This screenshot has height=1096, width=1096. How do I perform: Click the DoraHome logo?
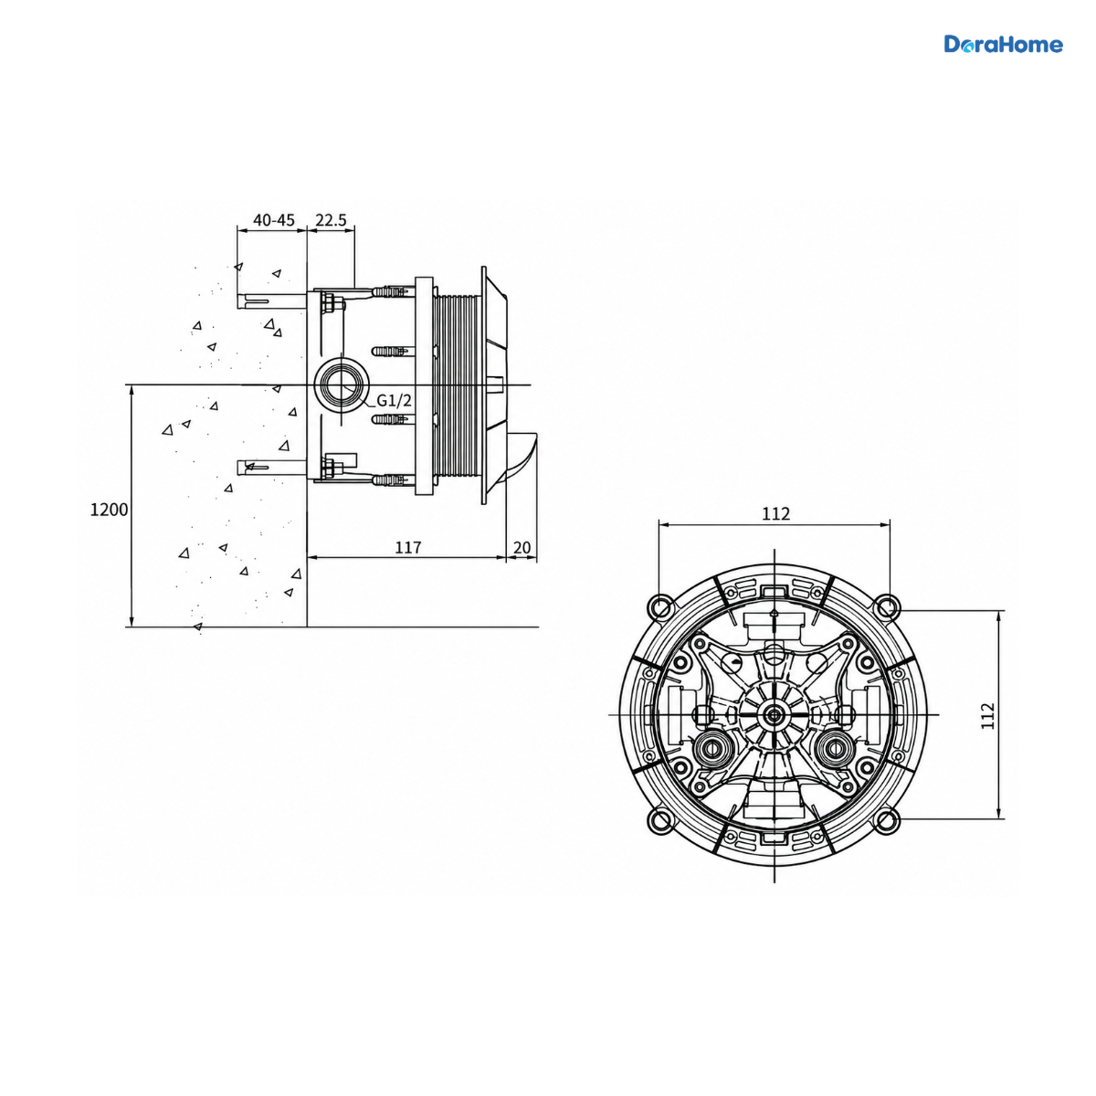1003,45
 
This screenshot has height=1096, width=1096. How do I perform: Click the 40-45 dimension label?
274,220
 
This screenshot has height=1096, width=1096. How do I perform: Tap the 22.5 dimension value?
331,220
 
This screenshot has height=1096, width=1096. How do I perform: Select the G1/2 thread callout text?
395,400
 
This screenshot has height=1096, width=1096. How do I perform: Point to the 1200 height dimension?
110,510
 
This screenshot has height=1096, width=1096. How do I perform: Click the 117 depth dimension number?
408,547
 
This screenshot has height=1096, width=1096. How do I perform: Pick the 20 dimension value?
522,547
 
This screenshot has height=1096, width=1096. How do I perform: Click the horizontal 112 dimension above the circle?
775,514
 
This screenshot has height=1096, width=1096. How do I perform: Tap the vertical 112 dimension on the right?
988,716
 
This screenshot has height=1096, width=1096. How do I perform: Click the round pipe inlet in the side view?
342,385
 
